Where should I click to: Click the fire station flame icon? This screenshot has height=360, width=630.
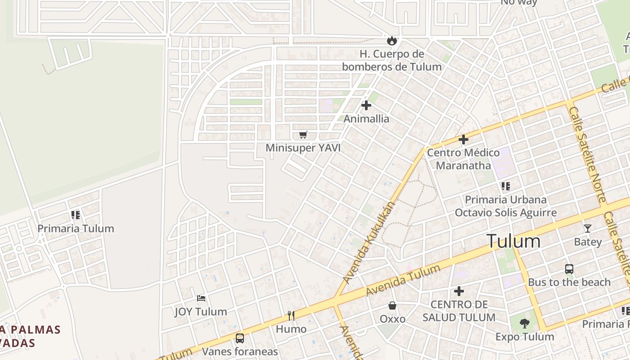pyautogui.click(x=392, y=40)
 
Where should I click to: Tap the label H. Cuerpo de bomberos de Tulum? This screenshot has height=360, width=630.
pyautogui.click(x=392, y=60)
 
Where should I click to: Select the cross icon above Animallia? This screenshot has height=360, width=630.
pyautogui.click(x=366, y=105)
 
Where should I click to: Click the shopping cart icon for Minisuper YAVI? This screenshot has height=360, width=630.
pyautogui.click(x=303, y=135)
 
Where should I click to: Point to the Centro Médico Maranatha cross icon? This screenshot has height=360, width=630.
pyautogui.click(x=463, y=139)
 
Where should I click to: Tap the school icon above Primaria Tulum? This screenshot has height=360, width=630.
pyautogui.click(x=76, y=215)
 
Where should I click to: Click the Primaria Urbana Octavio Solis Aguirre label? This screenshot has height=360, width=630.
pyautogui.click(x=506, y=206)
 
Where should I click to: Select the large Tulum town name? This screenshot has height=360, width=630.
pyautogui.click(x=513, y=241)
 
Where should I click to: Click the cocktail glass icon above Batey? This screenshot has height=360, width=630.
pyautogui.click(x=587, y=229)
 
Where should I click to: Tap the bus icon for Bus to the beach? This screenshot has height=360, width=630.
pyautogui.click(x=569, y=269)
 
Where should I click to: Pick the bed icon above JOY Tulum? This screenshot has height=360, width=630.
pyautogui.click(x=201, y=298)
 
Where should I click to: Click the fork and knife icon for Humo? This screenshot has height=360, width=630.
pyautogui.click(x=291, y=315)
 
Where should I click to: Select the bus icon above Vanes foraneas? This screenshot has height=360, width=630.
pyautogui.click(x=240, y=338)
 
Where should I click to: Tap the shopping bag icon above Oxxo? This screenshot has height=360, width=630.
pyautogui.click(x=392, y=306)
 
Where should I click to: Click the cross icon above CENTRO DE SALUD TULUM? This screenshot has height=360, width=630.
pyautogui.click(x=459, y=291)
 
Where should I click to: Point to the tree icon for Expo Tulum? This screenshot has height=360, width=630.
pyautogui.click(x=524, y=323)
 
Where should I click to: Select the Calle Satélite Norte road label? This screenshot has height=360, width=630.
pyautogui.click(x=588, y=153)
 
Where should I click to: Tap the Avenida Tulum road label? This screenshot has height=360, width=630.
pyautogui.click(x=403, y=280)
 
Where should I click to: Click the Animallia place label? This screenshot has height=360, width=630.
pyautogui.click(x=366, y=119)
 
